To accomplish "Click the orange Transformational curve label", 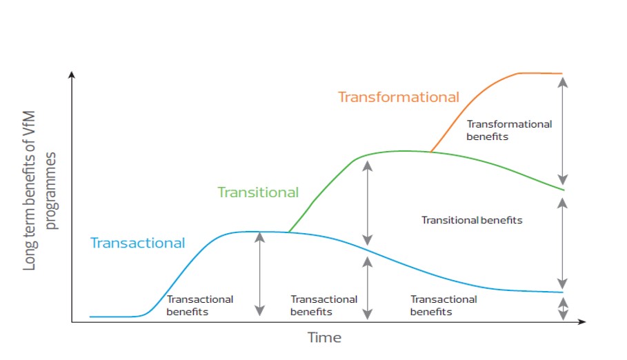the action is (x=399, y=97).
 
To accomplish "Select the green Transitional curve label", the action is (x=258, y=192).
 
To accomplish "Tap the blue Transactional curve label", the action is (x=137, y=243).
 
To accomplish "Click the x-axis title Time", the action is (x=324, y=338).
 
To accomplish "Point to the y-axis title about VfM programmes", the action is (x=39, y=190).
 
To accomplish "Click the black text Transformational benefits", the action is (x=509, y=130).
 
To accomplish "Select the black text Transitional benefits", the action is (x=472, y=221).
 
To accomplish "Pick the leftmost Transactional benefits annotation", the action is (x=199, y=306).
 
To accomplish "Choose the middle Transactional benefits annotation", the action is (x=324, y=306).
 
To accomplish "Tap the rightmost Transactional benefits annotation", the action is (x=444, y=306).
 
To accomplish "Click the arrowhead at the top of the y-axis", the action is (x=72, y=74).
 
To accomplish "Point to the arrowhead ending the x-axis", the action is (x=582, y=321).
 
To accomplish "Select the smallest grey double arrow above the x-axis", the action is (x=563, y=308).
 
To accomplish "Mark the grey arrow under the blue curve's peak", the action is (x=259, y=274).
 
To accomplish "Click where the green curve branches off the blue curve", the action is (x=289, y=232).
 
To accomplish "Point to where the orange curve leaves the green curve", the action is (x=430, y=152).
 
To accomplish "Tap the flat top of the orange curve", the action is (x=540, y=73).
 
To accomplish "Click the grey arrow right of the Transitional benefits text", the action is (x=563, y=243).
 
